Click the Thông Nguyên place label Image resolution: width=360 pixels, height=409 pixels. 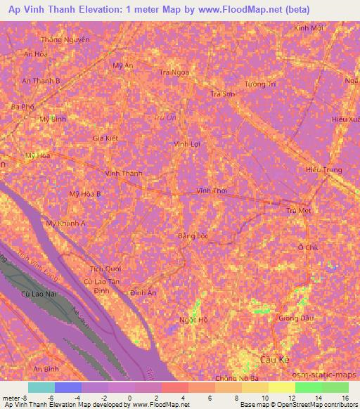[65, 40]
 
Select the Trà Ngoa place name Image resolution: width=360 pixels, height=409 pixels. [174, 72]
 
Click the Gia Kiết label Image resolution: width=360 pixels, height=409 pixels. [105, 138]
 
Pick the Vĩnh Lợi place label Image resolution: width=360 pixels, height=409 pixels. [188, 143]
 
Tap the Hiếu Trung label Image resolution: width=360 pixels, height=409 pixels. [323, 169]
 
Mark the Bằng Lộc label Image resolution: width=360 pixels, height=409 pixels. [191, 235]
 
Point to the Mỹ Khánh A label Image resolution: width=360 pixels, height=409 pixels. [65, 223]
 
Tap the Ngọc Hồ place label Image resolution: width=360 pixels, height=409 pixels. [194, 319]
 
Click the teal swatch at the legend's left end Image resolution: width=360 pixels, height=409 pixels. [41, 387]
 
